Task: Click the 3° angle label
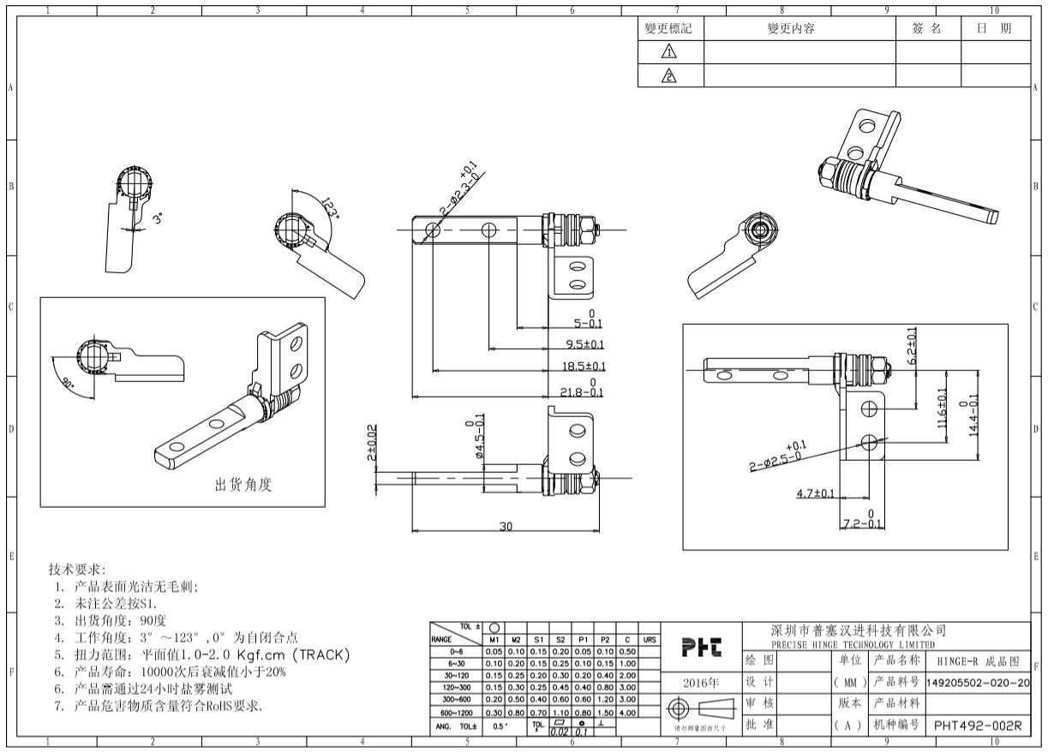coord(157,218)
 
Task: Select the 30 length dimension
coord(506,527)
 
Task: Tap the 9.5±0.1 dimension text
coord(585,344)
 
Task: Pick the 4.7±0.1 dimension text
coord(816,493)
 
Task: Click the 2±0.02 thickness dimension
coord(370,442)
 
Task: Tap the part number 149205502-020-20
coord(978,682)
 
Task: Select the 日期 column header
coord(994,29)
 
